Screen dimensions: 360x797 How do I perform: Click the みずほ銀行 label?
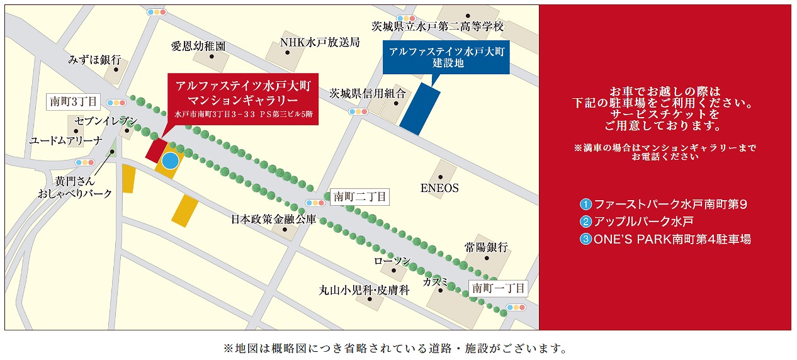point(94,60)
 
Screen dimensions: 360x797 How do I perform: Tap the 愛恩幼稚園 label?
point(198,47)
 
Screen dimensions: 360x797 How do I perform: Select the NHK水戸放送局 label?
point(320,42)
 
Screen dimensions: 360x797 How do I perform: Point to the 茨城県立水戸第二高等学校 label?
point(438,26)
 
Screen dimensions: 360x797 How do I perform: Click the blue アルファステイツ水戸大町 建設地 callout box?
point(448,57)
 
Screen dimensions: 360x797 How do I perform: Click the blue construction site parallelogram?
point(420,108)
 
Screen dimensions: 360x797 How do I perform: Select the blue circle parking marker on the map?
point(170,160)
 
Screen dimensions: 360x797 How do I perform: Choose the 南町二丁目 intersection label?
point(359,197)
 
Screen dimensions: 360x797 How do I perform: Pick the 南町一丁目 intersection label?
point(498,288)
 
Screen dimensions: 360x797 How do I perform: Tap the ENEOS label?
point(439,188)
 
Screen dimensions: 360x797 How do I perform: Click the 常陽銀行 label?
point(486,247)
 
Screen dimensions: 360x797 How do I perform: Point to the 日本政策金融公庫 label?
point(273,220)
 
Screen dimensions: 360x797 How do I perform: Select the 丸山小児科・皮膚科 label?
point(365,290)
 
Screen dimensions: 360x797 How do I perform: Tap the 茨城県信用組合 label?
point(370,93)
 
